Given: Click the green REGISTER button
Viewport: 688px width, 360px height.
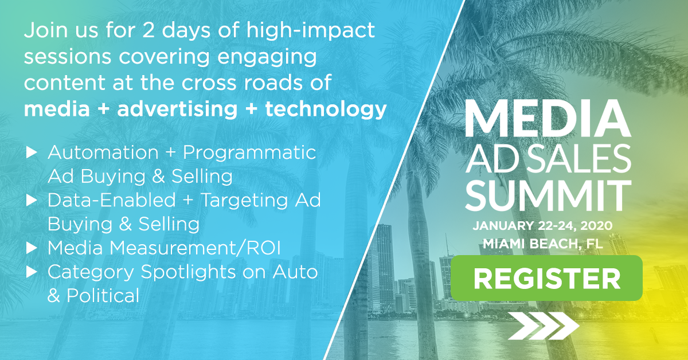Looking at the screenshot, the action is [547, 278].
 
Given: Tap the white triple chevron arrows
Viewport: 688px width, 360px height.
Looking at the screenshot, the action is [544, 326].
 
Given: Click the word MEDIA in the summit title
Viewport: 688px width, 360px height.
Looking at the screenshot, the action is [548, 118].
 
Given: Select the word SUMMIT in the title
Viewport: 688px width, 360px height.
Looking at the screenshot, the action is [548, 195].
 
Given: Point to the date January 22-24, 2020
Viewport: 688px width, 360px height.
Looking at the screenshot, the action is [543, 226].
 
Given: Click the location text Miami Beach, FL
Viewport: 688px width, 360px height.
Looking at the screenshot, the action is [543, 244].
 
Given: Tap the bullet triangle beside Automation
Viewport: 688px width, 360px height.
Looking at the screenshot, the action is [32, 152].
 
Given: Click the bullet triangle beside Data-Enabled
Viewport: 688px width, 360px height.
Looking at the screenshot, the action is [32, 200].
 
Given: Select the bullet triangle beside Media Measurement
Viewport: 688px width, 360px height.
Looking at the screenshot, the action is [32, 248].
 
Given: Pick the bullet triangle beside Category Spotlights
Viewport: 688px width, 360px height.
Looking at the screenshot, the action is [32, 272].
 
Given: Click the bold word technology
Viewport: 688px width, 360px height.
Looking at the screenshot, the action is [326, 109].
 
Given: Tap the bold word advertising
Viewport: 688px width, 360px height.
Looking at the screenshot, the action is [177, 109].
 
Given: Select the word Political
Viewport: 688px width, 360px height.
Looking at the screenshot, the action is [103, 295].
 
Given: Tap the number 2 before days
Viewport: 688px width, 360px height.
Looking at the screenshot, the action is [148, 30].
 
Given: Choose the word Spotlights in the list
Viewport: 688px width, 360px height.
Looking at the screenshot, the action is [188, 273].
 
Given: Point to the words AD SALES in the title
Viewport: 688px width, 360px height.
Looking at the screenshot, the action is [548, 159].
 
